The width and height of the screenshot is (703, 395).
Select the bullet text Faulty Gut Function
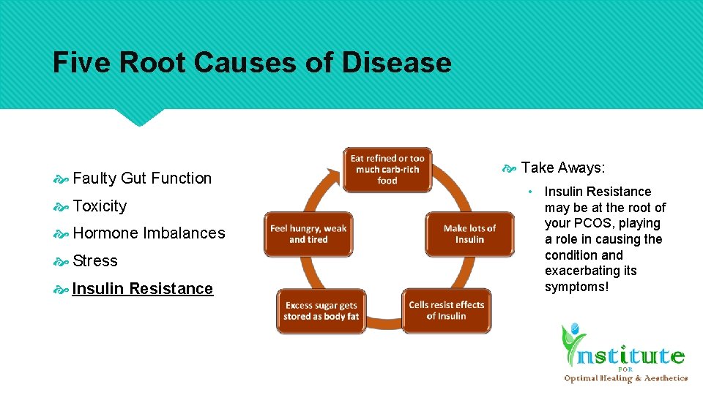point(142,178)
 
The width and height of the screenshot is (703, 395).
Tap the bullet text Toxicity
point(100,206)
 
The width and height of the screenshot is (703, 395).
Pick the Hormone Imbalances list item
point(149,233)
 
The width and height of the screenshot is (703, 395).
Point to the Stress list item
point(95,261)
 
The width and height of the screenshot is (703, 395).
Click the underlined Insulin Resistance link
point(142,289)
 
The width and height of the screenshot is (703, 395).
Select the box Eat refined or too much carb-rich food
point(387,169)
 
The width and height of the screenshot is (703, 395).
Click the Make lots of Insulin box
point(469,234)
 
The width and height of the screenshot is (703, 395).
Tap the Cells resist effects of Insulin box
point(446,311)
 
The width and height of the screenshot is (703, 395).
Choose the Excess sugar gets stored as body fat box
point(321,311)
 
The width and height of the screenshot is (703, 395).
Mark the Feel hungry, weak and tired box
point(308,234)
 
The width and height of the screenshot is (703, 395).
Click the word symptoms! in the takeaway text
point(576,287)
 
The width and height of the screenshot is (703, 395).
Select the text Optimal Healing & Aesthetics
point(625,378)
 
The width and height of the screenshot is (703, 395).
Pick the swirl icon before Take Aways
point(510,168)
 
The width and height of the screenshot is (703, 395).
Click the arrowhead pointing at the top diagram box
point(332,172)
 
